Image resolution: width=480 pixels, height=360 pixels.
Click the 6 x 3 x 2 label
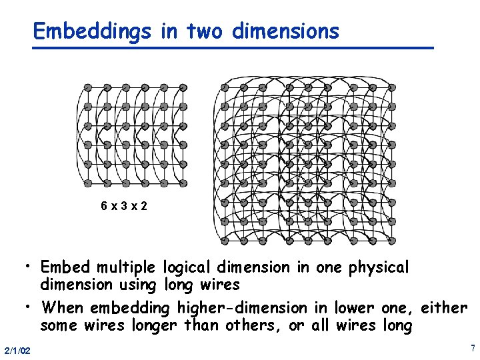click(x=124, y=206)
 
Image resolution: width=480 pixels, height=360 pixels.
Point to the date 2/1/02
click(x=16, y=351)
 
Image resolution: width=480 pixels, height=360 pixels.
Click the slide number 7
click(x=472, y=348)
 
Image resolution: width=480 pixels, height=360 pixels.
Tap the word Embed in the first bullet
click(x=65, y=267)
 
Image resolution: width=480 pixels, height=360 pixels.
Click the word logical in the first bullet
click(x=188, y=268)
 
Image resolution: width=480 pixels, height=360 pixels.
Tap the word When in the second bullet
click(x=63, y=307)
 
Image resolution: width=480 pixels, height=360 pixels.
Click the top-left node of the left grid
click(x=88, y=88)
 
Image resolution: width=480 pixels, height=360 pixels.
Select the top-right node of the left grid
click(x=182, y=88)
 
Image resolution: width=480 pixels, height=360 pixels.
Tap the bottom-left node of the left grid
click(x=88, y=183)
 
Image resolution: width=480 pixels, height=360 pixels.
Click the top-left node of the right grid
click(x=225, y=87)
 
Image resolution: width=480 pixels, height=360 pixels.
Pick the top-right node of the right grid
click(x=391, y=87)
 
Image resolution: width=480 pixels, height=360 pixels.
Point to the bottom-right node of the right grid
click(x=391, y=240)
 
